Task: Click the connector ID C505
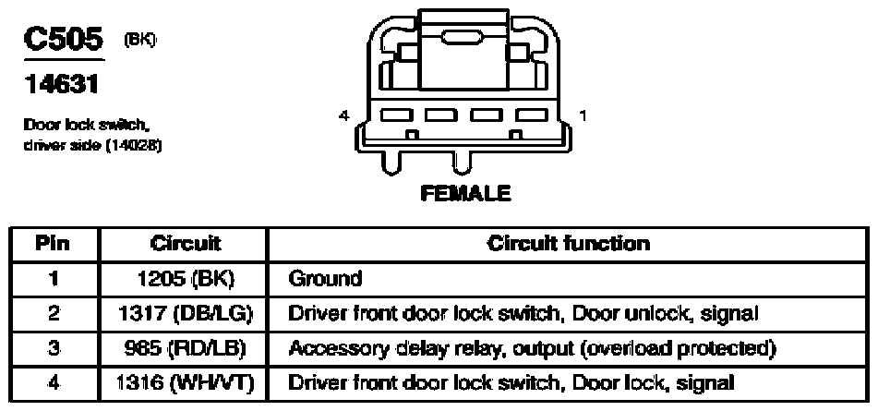pos(64,39)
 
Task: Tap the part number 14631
pos(61,85)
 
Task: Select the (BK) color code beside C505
pos(140,41)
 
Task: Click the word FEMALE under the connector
pos(465,193)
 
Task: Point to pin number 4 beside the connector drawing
pos(343,115)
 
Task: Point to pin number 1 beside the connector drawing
pos(583,115)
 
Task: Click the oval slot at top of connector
pos(462,38)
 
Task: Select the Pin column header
pos(53,244)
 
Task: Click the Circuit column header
pos(186,244)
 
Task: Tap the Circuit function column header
pos(568,244)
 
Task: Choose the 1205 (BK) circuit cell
pos(186,278)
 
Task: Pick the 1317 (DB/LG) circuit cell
pos(184,314)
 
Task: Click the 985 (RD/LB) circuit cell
pos(186,348)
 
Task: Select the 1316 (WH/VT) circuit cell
pos(186,383)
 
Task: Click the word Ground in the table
pos(325,278)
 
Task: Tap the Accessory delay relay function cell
pos(532,349)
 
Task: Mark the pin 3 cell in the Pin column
pos(54,348)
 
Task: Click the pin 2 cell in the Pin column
pos(54,314)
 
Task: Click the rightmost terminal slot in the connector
pos(532,115)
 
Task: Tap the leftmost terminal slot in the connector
pos(397,115)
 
